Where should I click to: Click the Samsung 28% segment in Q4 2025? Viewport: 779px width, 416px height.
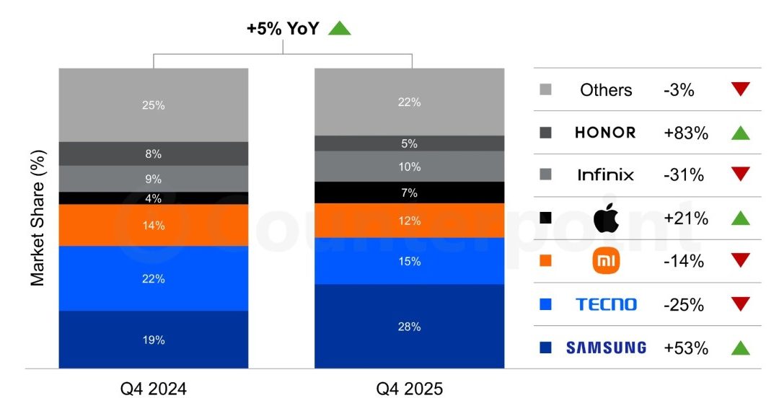(x=409, y=327)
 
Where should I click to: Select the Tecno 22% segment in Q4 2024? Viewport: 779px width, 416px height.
(x=154, y=278)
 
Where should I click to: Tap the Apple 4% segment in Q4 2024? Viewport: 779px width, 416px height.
(x=154, y=198)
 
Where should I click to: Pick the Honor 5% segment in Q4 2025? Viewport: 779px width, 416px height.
(x=409, y=143)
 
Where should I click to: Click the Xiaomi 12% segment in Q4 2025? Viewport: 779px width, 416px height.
(x=409, y=221)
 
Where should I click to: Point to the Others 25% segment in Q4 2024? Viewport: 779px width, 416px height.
(x=154, y=105)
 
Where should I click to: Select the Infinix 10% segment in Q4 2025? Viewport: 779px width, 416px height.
(x=409, y=167)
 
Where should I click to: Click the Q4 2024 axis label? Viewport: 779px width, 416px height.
(x=154, y=389)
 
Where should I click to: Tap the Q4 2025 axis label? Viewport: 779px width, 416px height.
(x=409, y=389)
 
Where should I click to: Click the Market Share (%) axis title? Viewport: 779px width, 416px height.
(x=38, y=218)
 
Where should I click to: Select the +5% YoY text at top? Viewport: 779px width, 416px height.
(x=282, y=29)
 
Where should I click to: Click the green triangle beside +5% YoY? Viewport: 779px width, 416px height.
(x=339, y=29)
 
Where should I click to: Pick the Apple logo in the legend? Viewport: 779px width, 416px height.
(x=605, y=218)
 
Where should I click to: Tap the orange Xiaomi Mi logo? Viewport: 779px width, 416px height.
(x=605, y=261)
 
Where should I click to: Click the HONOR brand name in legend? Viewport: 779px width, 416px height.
(x=605, y=133)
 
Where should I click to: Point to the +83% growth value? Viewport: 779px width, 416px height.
(x=685, y=133)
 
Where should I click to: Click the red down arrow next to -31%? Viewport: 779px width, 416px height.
(x=740, y=174)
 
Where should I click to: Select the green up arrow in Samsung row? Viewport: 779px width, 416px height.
(x=740, y=348)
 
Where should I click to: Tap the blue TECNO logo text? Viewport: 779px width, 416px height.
(x=606, y=304)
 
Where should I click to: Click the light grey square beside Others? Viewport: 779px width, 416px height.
(x=545, y=90)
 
